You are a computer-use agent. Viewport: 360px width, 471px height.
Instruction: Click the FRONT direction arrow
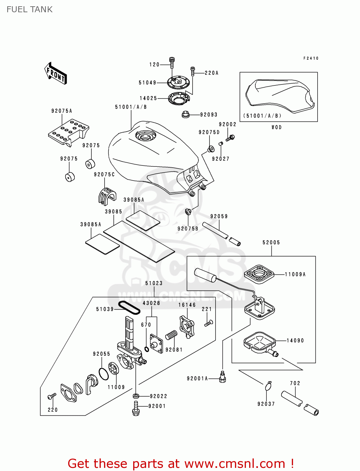click(x=56, y=73)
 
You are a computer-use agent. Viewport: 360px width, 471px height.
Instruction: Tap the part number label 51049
click(x=147, y=83)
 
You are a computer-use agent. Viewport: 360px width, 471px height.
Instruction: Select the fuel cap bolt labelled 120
click(x=172, y=62)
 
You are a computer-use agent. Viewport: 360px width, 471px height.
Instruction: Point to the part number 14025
click(x=148, y=98)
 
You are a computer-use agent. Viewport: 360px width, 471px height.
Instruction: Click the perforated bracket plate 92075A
click(x=68, y=132)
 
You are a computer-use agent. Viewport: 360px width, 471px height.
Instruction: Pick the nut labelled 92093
click(x=185, y=115)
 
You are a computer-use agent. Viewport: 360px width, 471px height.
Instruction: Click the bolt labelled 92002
click(x=231, y=138)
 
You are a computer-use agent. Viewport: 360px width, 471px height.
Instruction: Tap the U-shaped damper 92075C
click(x=107, y=195)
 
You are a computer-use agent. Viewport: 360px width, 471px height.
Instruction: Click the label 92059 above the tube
click(x=219, y=216)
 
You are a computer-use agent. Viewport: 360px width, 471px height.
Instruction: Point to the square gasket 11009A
click(x=259, y=274)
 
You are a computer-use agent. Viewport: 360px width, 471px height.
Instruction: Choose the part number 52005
click(x=271, y=242)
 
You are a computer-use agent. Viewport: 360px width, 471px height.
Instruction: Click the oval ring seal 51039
click(x=129, y=307)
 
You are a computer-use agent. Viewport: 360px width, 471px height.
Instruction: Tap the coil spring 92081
click(x=171, y=335)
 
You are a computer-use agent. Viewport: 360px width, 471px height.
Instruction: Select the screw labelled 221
click(x=209, y=323)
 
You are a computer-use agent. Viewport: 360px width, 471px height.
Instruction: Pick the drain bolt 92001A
click(x=222, y=377)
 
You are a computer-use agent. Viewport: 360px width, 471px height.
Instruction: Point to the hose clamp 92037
click(x=268, y=386)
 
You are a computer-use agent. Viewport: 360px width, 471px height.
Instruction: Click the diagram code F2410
click(x=311, y=58)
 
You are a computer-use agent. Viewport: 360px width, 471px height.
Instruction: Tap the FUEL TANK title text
click(x=30, y=9)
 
